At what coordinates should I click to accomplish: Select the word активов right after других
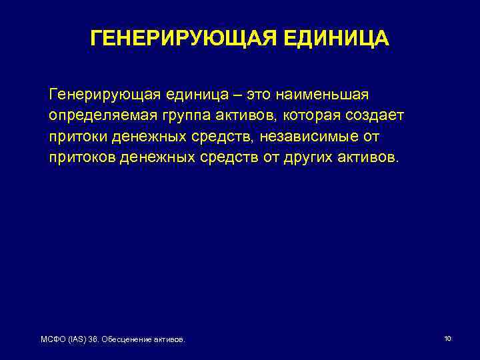click(x=377, y=159)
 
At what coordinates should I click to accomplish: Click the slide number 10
click(x=447, y=339)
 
